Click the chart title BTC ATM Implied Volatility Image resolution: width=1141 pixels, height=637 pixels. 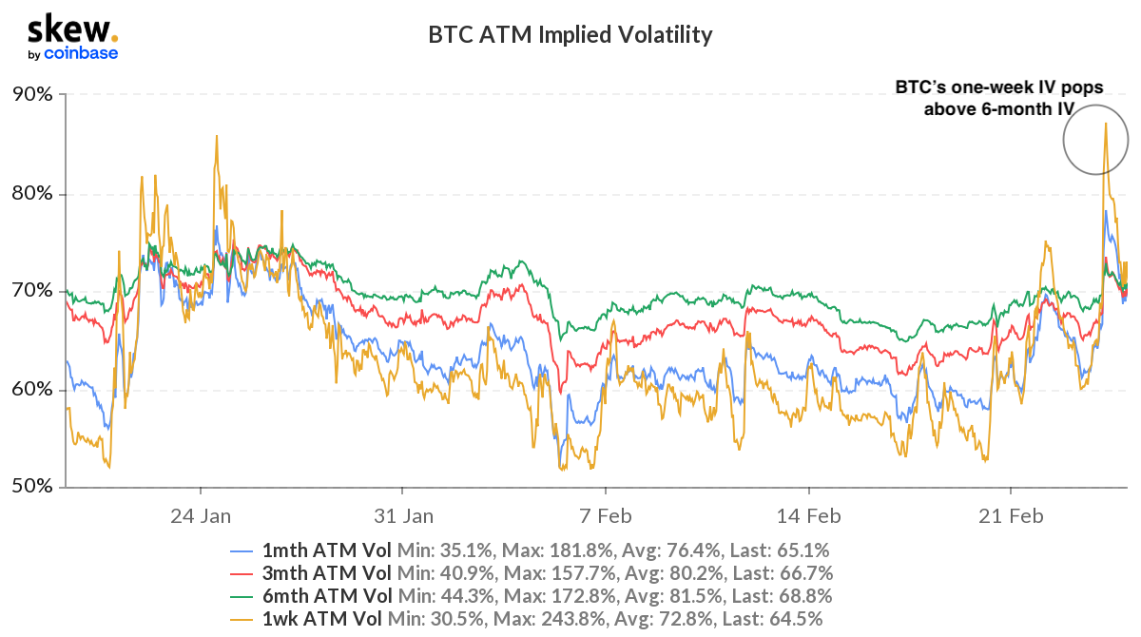(x=570, y=35)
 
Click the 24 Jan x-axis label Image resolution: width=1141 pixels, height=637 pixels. (x=201, y=516)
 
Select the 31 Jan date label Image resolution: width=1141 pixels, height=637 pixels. (x=403, y=516)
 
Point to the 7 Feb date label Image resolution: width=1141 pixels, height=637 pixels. (x=606, y=516)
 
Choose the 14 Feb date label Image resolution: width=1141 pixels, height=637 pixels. (x=808, y=516)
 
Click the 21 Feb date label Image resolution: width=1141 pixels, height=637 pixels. (x=1011, y=516)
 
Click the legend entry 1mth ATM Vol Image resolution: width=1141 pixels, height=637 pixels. (x=324, y=550)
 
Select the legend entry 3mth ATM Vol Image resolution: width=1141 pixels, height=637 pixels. (x=324, y=572)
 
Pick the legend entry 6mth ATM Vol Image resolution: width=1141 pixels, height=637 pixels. (x=324, y=595)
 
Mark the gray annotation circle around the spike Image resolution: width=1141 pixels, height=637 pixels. (x=1095, y=139)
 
